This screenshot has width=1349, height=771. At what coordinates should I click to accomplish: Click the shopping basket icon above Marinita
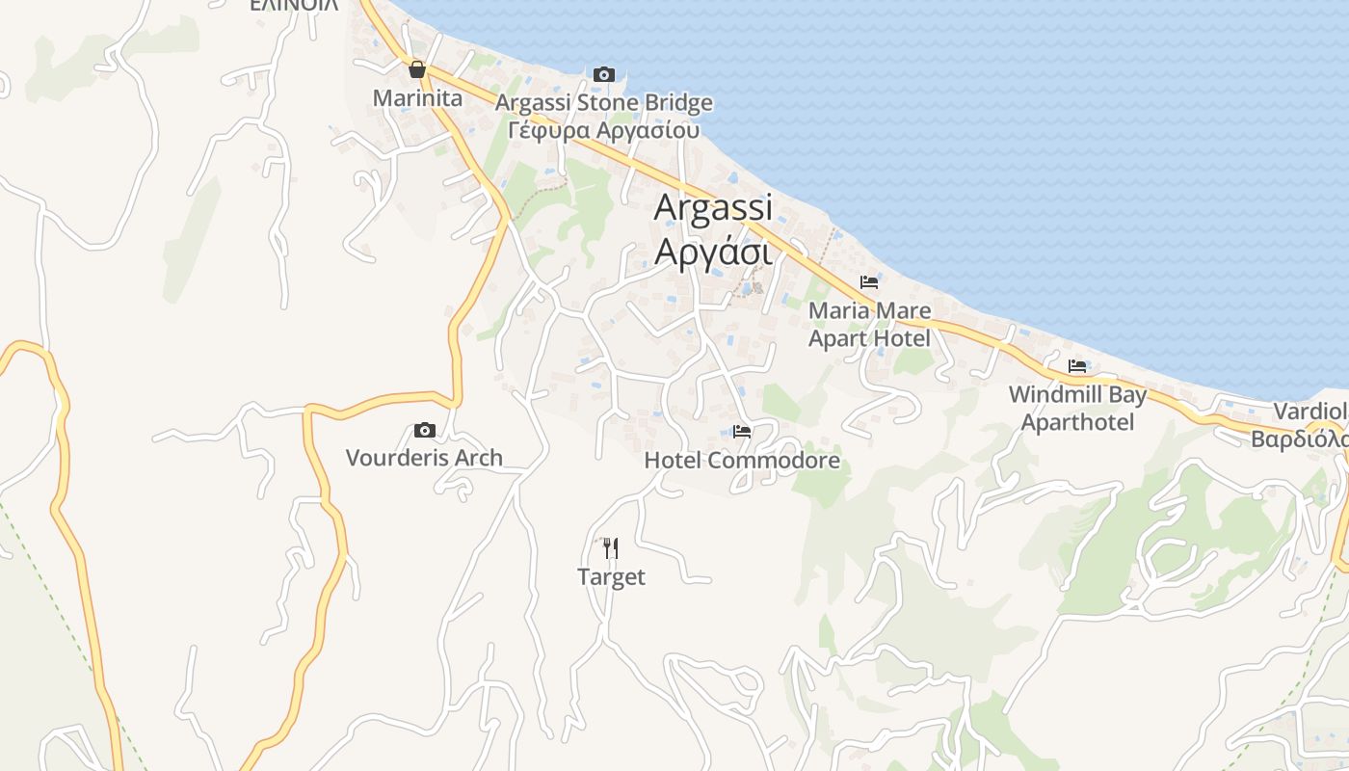pyautogui.click(x=417, y=69)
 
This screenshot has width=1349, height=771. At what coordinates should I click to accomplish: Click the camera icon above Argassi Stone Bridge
pyautogui.click(x=604, y=74)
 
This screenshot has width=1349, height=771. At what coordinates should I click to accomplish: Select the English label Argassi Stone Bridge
pyautogui.click(x=604, y=103)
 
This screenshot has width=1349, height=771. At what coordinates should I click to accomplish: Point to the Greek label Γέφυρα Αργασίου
pyautogui.click(x=603, y=130)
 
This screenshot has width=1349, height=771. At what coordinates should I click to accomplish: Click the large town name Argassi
pyautogui.click(x=713, y=207)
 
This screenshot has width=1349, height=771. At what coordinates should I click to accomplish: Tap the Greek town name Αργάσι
pyautogui.click(x=713, y=251)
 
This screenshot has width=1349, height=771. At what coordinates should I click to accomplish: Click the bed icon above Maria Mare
pyautogui.click(x=869, y=282)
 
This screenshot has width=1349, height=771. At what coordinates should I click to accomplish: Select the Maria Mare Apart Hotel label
pyautogui.click(x=869, y=325)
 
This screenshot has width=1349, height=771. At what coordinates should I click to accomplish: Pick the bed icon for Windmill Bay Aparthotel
pyautogui.click(x=1077, y=366)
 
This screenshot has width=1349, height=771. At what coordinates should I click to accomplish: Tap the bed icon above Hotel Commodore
pyautogui.click(x=742, y=432)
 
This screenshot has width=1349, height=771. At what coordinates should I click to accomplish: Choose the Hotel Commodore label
pyautogui.click(x=742, y=461)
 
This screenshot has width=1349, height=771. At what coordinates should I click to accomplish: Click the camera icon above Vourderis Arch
pyautogui.click(x=424, y=430)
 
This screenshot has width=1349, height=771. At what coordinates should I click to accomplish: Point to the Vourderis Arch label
pyautogui.click(x=424, y=458)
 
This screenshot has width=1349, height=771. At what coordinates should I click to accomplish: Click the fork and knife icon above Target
pyautogui.click(x=610, y=548)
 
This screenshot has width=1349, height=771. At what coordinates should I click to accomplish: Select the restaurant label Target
pyautogui.click(x=611, y=577)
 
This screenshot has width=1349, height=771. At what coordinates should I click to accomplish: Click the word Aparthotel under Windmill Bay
pyautogui.click(x=1077, y=422)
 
